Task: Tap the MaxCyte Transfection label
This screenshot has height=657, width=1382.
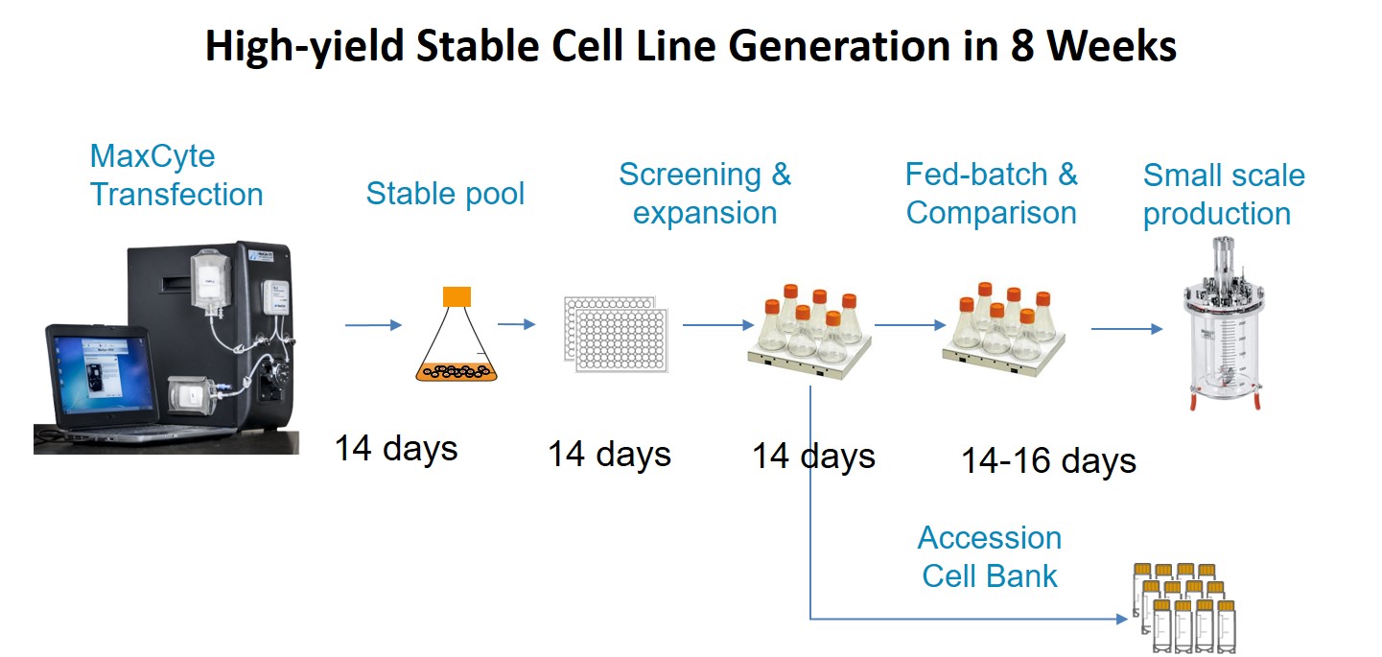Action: tap(176, 176)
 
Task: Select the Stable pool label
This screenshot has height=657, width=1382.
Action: tap(445, 194)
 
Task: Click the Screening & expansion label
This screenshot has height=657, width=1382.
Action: tap(705, 194)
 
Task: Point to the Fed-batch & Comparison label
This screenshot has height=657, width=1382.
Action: tap(991, 194)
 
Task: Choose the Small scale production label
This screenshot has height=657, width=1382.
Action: tap(1223, 195)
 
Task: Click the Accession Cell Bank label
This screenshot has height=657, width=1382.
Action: tap(989, 556)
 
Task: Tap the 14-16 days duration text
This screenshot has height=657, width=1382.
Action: tap(1048, 460)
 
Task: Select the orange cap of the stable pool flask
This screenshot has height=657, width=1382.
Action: tap(457, 296)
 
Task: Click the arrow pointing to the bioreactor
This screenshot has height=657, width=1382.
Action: tap(1126, 329)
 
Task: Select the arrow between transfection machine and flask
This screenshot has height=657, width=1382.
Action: tap(373, 326)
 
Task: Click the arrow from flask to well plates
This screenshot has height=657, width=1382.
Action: tap(516, 324)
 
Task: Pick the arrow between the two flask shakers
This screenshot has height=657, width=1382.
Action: tap(910, 325)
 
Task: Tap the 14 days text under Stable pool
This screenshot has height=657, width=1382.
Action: tap(395, 448)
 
